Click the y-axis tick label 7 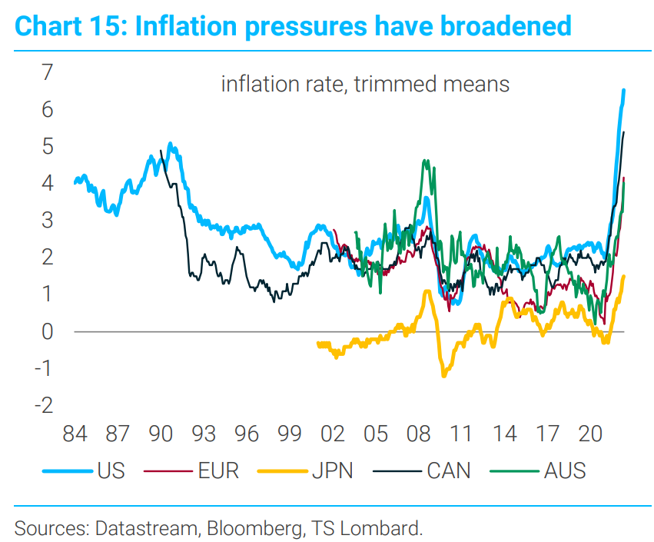click(47, 73)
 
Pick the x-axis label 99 click(290, 434)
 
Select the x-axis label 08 click(419, 434)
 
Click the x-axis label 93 click(203, 434)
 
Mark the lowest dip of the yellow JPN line click(444, 375)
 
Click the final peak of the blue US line click(623, 90)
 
